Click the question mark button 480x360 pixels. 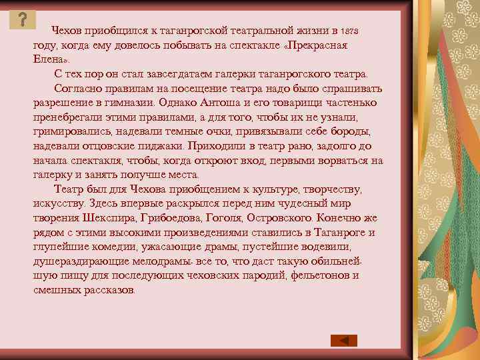point(23,20)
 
